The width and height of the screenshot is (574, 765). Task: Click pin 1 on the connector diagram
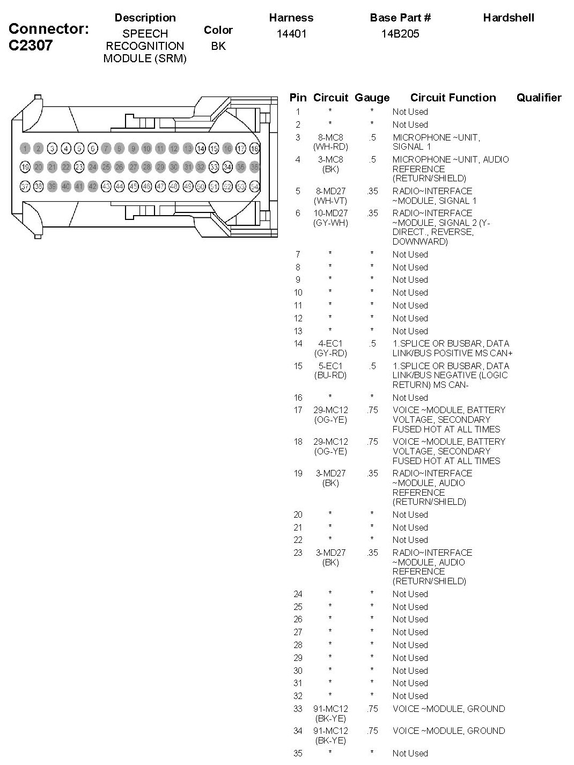click(x=25, y=149)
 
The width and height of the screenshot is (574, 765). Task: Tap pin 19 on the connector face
click(x=25, y=167)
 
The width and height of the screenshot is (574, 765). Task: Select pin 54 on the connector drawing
click(x=255, y=187)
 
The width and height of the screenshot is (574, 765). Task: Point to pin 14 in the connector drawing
click(x=201, y=149)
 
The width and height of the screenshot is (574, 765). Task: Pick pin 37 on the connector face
click(x=25, y=187)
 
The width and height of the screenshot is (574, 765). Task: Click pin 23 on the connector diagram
click(x=79, y=167)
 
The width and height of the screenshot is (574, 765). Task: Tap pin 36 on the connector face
click(x=255, y=167)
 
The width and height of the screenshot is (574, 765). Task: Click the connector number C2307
click(x=31, y=45)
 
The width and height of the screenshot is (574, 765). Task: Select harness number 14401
click(x=291, y=34)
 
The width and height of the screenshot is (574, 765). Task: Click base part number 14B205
click(x=400, y=34)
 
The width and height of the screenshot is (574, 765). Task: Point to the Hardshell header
click(x=509, y=18)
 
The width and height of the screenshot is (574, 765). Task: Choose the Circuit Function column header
click(x=453, y=98)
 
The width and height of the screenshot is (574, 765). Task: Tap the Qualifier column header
click(x=539, y=98)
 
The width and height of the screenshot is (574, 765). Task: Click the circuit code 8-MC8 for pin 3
click(x=330, y=137)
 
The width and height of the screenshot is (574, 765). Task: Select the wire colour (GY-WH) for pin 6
click(x=330, y=223)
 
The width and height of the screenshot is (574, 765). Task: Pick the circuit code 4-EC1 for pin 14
click(x=330, y=343)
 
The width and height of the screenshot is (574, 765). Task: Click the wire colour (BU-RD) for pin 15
click(x=330, y=376)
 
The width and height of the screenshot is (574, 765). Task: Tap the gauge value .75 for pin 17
click(x=372, y=410)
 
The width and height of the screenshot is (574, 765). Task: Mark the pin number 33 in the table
click(x=298, y=709)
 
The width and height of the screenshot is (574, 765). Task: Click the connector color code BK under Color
click(x=218, y=46)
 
